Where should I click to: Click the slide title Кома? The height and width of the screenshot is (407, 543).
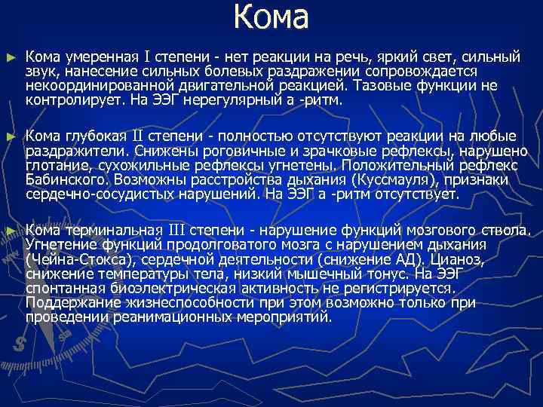(271, 18)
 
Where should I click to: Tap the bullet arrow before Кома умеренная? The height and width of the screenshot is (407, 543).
(10, 57)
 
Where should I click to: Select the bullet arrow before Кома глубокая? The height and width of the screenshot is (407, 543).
(10, 137)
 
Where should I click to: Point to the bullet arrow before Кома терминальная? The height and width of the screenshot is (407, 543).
(10, 230)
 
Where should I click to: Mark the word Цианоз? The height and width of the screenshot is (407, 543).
(456, 259)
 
